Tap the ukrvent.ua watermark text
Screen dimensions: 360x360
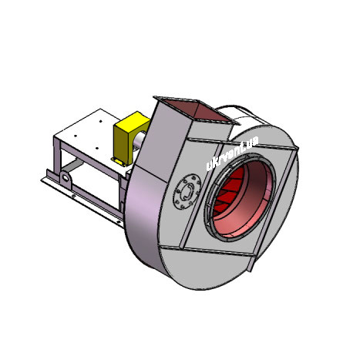(232, 153)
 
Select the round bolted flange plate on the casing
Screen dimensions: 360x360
(187, 191)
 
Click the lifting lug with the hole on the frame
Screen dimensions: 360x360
(65, 178)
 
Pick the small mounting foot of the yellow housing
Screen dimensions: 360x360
(118, 161)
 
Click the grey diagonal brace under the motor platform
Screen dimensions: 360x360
(72, 165)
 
